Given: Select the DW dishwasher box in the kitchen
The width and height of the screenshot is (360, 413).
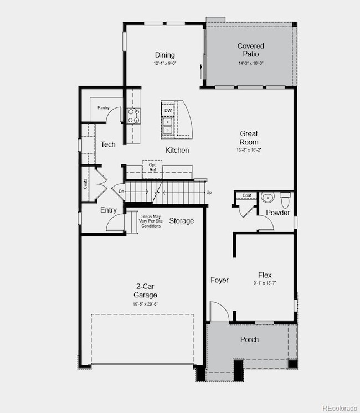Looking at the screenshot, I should click(168, 111).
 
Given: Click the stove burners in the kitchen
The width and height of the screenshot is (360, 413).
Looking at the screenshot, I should click(134, 115).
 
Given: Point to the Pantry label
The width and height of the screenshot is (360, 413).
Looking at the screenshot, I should click(103, 108).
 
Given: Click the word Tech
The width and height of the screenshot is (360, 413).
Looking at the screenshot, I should click(108, 144).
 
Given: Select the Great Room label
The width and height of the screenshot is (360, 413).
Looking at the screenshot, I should click(249, 138).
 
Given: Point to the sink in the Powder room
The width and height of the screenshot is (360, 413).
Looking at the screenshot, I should click(268, 198).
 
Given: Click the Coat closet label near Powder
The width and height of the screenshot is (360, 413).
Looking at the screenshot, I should click(246, 195).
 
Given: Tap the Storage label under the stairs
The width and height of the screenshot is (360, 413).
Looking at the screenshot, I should click(181, 221).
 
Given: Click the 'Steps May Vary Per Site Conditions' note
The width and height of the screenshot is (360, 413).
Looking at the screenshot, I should click(151, 221).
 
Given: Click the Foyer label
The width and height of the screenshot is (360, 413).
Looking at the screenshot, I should click(219, 280).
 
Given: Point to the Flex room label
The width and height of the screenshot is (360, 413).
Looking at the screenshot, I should click(264, 275).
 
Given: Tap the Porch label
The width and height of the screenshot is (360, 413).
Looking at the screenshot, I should click(249, 339).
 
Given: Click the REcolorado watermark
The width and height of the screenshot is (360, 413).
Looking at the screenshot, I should click(340, 409).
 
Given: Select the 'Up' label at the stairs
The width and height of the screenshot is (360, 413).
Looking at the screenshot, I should click(209, 192).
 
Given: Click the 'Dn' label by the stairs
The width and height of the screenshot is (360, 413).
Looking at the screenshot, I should click(121, 192).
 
